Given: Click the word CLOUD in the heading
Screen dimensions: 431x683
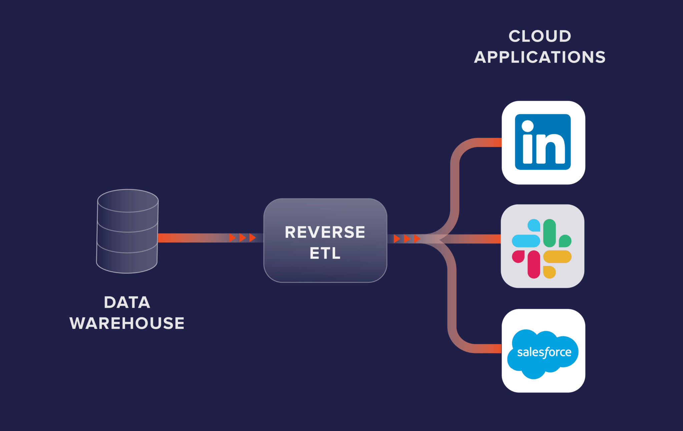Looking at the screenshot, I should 540,36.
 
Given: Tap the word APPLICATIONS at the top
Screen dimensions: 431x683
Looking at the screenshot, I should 540,57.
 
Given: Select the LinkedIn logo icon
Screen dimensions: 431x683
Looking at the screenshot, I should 543,142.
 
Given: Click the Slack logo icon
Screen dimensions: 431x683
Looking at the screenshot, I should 542,248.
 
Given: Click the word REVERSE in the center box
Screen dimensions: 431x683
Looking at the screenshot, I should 325,232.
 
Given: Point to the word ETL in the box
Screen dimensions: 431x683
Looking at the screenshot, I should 325,253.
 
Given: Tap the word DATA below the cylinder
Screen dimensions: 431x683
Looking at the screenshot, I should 127,303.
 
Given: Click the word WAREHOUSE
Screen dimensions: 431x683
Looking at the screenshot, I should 127,323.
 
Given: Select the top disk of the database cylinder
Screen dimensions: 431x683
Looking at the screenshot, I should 128,200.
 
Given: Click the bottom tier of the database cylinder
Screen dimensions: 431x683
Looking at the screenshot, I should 127,262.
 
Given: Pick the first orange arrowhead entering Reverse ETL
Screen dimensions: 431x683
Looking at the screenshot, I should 232,238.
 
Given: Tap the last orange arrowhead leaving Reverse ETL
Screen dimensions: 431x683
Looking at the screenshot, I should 417,239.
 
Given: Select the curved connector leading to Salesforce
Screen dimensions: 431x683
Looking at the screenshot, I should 452,307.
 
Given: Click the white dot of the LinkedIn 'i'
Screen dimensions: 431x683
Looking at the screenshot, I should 528,126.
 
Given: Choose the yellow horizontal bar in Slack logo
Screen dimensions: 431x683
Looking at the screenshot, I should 557,257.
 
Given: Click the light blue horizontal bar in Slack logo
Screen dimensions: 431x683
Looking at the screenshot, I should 526,241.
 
